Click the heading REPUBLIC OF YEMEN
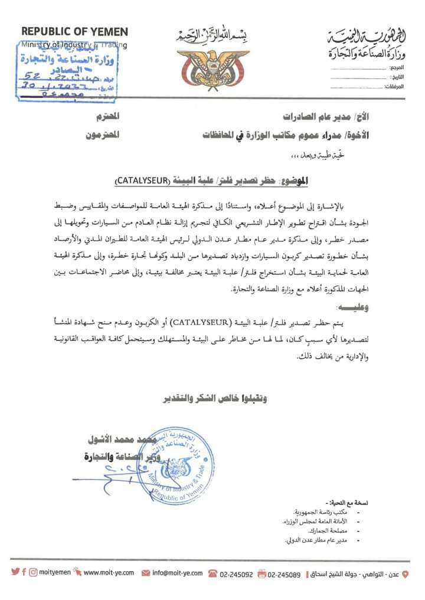coord(74,32)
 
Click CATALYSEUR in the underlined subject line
coord(141,180)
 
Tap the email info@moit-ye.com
coord(177,573)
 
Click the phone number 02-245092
coord(236,573)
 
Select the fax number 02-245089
coord(284,573)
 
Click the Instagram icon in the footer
coord(34,573)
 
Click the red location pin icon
coord(404,573)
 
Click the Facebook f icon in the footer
coord(24,573)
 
